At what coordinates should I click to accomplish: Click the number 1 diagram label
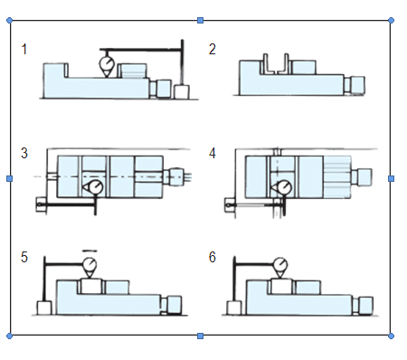pos(24,49)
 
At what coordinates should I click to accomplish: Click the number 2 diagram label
pos(213,49)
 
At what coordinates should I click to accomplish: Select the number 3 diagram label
pos(24,153)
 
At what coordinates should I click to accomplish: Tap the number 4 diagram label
pos(213,153)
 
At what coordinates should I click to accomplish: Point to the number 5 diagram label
pos(24,257)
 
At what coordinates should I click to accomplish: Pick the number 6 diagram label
pos(213,257)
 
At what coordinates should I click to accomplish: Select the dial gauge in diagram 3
pos(93,187)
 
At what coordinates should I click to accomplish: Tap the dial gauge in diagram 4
pos(282,187)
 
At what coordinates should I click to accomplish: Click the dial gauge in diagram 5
pos(90,267)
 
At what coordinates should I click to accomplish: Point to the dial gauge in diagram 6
pos(280,267)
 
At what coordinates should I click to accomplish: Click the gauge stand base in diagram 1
pos(182,92)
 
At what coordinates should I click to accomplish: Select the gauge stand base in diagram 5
pos(44,308)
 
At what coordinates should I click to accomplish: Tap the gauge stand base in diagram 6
pos(234,308)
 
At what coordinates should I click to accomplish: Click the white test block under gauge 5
pos(90,287)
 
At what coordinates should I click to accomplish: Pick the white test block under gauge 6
pos(281,287)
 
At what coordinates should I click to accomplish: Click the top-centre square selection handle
pos(200,21)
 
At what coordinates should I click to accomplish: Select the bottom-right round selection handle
pos(391,336)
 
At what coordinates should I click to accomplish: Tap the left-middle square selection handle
pos(9,179)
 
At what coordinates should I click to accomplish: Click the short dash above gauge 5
pos(90,251)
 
